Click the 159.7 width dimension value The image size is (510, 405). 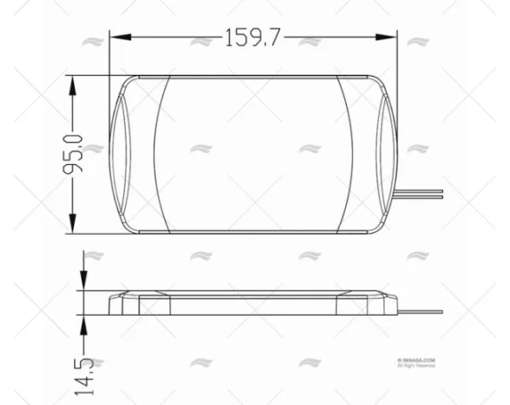point(253,37)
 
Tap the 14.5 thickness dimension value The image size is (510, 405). point(84,374)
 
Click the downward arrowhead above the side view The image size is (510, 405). point(84,284)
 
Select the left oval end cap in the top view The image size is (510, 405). point(121,153)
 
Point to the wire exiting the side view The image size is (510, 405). point(421,311)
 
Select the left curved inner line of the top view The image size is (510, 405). point(159,153)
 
